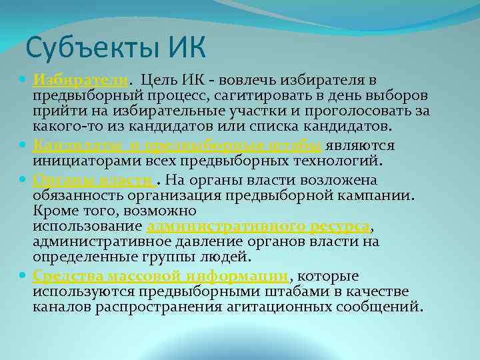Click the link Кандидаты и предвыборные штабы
[177, 145]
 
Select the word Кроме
[53, 211]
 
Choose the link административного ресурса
[257, 226]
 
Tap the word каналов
[61, 307]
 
